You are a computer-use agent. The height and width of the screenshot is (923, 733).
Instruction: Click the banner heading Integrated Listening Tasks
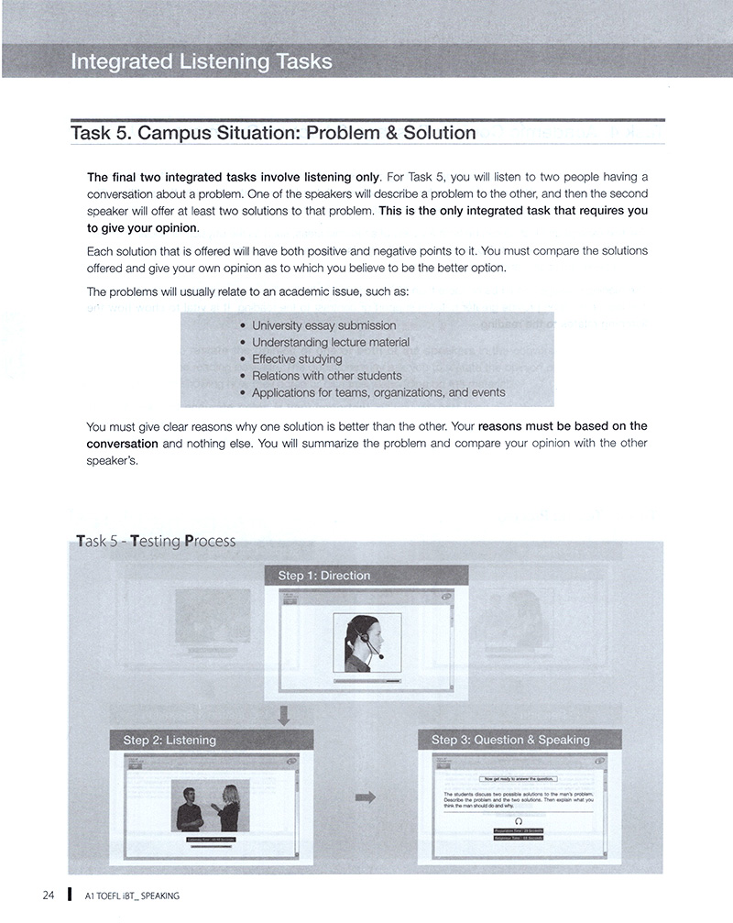pos(202,62)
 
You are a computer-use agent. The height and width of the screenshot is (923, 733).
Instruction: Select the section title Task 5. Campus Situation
pos(273,133)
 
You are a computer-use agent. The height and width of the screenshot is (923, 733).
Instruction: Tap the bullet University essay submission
pos(323,325)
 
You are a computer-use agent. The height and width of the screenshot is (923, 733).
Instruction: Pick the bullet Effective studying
pos(297,358)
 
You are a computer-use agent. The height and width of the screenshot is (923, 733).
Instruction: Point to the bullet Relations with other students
pos(326,375)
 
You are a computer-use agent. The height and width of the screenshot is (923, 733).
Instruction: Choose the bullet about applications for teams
pos(377,392)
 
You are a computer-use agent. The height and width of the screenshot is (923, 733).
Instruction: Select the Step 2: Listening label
pos(170,740)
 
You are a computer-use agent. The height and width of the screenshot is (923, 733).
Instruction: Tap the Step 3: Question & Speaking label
pos(510,740)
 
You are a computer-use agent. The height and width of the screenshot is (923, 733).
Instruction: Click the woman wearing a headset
pos(364,643)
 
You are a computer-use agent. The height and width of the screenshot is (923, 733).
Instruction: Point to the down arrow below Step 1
pos(284,715)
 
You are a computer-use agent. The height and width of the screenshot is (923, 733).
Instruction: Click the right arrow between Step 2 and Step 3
pos(365,797)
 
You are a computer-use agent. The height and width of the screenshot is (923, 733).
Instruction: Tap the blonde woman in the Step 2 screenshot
pos(227,807)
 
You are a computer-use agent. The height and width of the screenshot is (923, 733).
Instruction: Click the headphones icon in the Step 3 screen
pos(519,821)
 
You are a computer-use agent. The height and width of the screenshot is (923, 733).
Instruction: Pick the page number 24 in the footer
pos(49,895)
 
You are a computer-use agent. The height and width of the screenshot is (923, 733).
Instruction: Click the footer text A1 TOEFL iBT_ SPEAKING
pos(131,896)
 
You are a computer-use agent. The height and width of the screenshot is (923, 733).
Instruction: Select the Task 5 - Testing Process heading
pos(152,541)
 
